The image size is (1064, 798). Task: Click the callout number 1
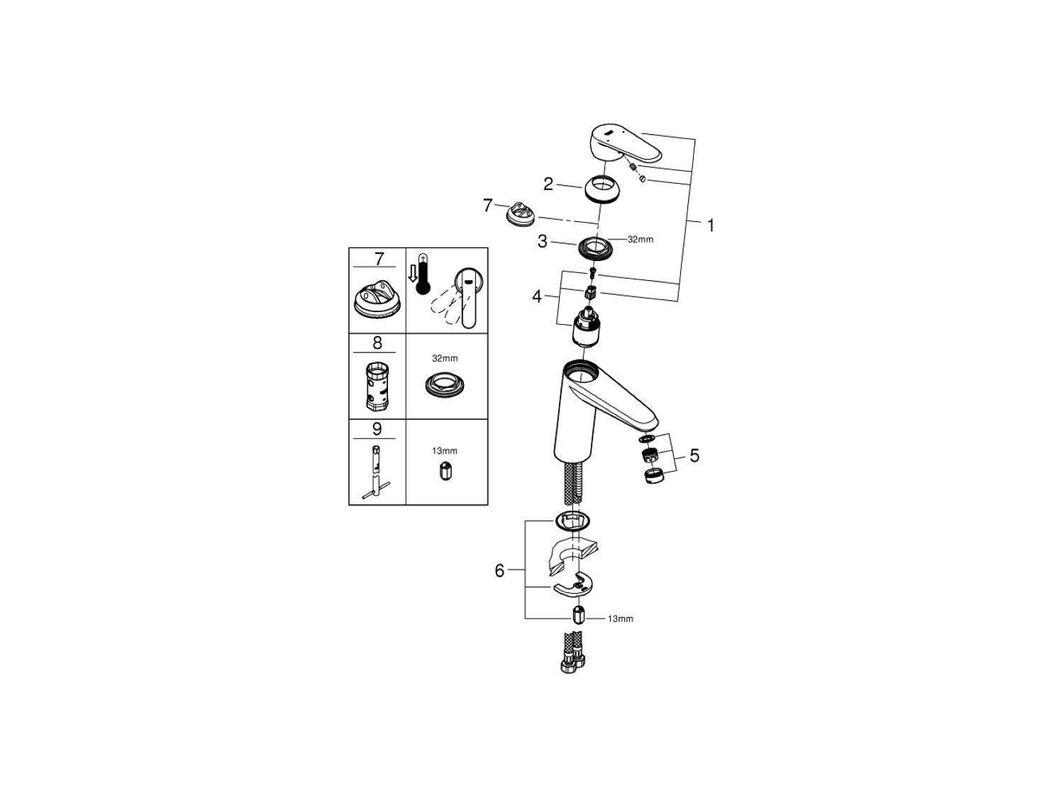click(x=711, y=226)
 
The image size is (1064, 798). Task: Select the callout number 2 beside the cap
click(x=548, y=184)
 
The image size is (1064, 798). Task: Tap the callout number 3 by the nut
click(x=543, y=241)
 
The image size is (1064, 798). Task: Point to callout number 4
click(x=536, y=296)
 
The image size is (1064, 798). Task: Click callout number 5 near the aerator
click(x=694, y=455)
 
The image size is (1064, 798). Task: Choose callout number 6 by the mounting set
click(x=499, y=571)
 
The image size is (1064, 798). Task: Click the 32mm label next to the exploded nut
click(x=641, y=239)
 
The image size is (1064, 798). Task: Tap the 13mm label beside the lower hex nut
click(x=621, y=619)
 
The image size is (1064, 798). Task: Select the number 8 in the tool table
click(x=377, y=343)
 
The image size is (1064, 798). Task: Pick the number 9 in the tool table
click(x=377, y=429)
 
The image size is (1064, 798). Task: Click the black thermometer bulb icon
click(x=423, y=287)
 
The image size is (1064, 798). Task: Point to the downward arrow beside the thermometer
click(x=413, y=275)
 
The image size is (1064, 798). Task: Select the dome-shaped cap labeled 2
click(x=601, y=189)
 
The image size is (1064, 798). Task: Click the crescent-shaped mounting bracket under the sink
click(x=573, y=587)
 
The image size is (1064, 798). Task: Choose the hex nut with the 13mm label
click(x=578, y=615)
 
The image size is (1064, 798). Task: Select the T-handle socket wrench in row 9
click(x=376, y=472)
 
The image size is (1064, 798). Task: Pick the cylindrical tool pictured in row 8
click(x=376, y=385)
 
